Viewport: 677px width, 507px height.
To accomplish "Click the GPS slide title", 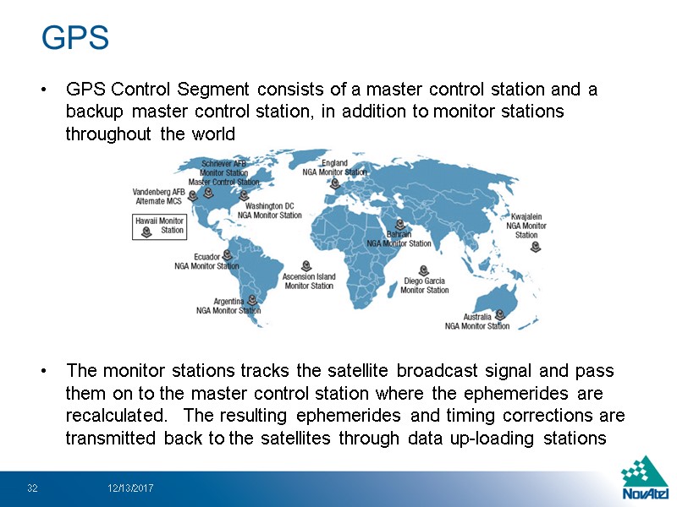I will pos(75,38).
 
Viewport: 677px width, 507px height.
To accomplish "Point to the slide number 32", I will pos(33,488).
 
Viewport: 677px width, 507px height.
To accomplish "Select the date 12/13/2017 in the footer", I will pos(129,488).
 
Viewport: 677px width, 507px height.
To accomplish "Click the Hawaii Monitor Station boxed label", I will pos(160,226).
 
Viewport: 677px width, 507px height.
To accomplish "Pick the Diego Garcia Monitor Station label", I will pos(424,286).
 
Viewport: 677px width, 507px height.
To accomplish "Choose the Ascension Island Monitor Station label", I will pos(309,281).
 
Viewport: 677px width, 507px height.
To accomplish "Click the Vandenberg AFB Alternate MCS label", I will pos(160,196).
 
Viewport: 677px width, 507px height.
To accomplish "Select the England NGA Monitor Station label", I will pos(334,167).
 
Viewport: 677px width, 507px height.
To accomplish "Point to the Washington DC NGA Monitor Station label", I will pos(269,210).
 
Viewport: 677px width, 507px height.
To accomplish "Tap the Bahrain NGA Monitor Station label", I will pos(399,239).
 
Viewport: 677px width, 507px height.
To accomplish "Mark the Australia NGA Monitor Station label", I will pos(477,321).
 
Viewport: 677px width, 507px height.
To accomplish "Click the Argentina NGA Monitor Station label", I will pos(228,306).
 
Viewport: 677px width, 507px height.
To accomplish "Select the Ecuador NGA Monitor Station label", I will pos(206,261).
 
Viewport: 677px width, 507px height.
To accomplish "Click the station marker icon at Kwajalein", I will pos(535,246).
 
